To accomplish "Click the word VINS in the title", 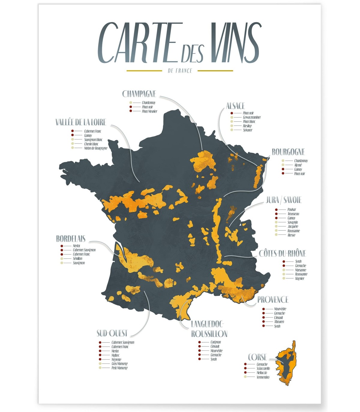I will (x=235, y=43).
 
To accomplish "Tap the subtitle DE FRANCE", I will (x=180, y=71).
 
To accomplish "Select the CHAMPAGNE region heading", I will (x=139, y=94).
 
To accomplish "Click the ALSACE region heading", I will (x=235, y=106).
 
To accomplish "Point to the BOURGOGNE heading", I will (x=288, y=152).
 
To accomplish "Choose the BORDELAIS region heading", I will (x=71, y=239).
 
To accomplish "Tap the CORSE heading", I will (x=257, y=357).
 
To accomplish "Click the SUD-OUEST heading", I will (x=112, y=333).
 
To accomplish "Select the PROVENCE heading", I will (x=273, y=300).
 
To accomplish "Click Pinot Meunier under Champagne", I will (x=149, y=111).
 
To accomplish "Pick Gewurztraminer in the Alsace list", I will (x=252, y=117).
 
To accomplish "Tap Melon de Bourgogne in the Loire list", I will (x=95, y=148).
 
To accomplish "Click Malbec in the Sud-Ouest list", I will (x=115, y=355).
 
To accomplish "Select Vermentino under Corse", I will (x=263, y=377).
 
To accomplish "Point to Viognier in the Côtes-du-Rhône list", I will (x=299, y=279).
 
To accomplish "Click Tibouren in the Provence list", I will (x=279, y=322).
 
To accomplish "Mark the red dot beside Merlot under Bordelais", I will (x=62, y=246).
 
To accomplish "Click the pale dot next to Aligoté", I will (x=283, y=165).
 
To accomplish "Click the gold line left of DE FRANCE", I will (x=144, y=71).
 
